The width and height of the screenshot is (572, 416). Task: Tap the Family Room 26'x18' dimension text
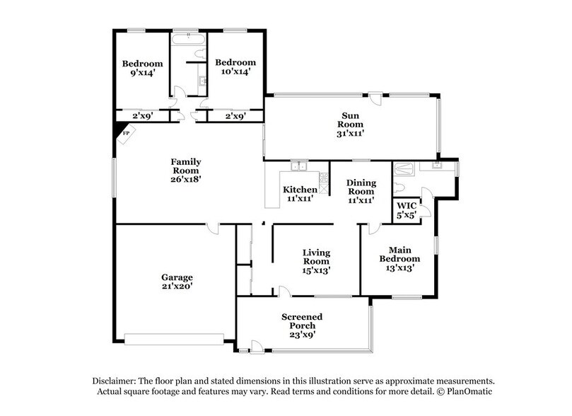coord(186,180)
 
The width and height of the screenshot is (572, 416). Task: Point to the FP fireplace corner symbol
coord(124,132)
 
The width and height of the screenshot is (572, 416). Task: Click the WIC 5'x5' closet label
coord(407,211)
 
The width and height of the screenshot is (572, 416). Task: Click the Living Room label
coord(316,260)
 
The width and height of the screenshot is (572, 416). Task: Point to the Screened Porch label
coord(302,325)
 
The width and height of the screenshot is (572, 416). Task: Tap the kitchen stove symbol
coord(324,183)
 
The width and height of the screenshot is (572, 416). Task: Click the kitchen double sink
coord(300,166)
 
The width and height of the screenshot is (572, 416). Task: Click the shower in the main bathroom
coord(404,169)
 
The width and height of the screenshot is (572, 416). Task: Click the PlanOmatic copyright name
coord(475,391)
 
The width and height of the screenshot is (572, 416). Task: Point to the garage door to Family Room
coord(211,228)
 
